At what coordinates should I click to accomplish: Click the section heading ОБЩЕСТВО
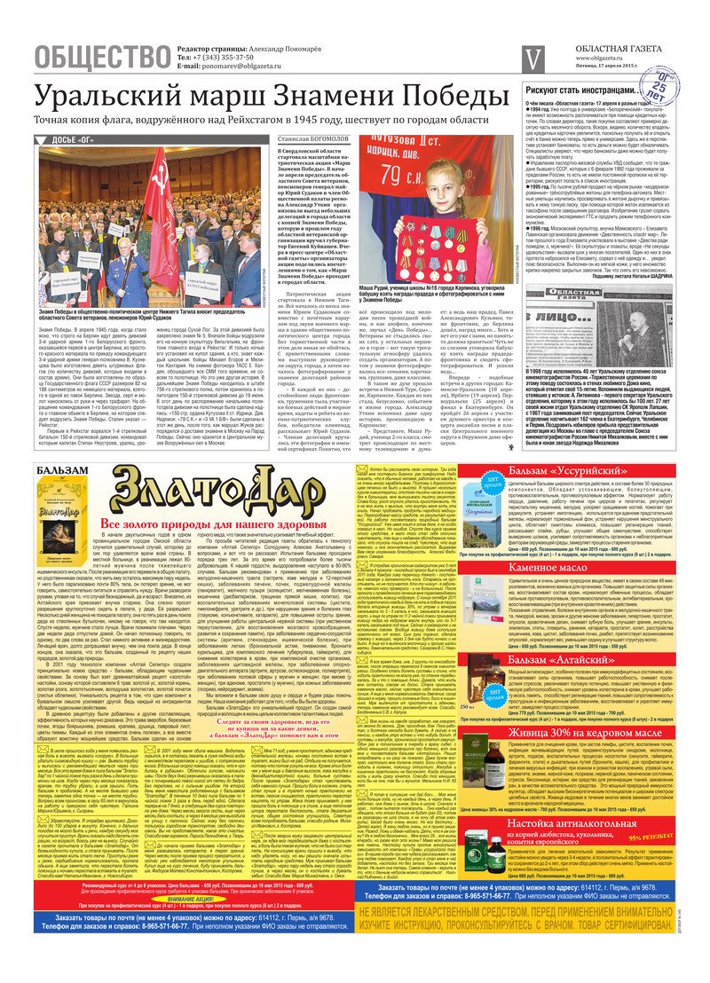pyautogui.click(x=102, y=58)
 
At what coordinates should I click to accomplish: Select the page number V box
pyautogui.click(x=533, y=58)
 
